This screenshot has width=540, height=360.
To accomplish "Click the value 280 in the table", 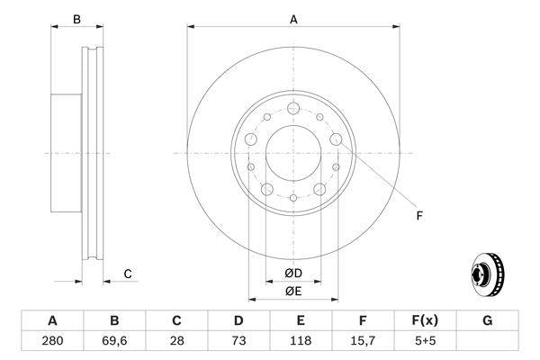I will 52,341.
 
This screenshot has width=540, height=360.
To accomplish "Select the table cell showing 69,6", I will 114,341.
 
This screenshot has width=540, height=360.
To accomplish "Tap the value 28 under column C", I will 176,341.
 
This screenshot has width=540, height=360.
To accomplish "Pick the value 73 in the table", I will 238,341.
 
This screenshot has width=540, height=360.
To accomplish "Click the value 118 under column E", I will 301,341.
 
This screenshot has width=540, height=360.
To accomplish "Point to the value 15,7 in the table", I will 363,341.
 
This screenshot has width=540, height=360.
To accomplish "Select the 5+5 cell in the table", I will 425,341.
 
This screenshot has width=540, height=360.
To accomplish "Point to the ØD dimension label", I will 293,274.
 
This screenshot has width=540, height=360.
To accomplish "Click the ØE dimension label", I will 293,291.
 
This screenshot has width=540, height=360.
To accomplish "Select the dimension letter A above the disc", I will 293,18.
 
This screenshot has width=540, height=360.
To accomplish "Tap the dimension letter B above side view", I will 76,19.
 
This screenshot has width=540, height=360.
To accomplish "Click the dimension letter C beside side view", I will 128,274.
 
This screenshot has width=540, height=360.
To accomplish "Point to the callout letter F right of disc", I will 418,216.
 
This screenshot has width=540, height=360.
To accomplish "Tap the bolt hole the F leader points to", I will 336,139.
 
